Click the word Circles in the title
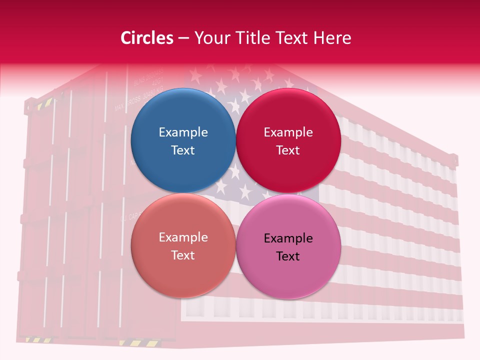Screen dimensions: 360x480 [147, 38]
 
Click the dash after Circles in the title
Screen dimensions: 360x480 [183, 38]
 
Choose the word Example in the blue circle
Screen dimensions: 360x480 [183, 132]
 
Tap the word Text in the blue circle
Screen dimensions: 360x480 [183, 150]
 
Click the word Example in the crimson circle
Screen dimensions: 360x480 [288, 132]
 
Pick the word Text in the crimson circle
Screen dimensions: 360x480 [288, 150]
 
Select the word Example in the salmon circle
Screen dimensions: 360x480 [183, 237]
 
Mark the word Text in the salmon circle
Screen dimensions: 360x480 [183, 255]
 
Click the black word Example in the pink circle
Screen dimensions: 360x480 [288, 238]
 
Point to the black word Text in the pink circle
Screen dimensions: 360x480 [288, 256]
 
